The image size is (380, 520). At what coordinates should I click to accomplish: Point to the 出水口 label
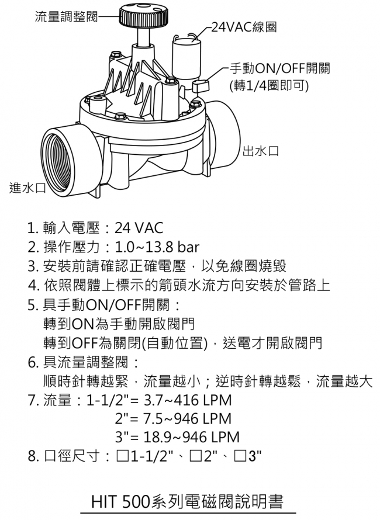[x=260, y=151]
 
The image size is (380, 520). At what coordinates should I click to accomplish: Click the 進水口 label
[x=27, y=188]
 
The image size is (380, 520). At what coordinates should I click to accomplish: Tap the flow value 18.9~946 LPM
[x=193, y=438]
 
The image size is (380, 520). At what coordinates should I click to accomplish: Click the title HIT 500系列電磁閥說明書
[x=187, y=501]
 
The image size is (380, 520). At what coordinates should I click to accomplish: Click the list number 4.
[x=33, y=285]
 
